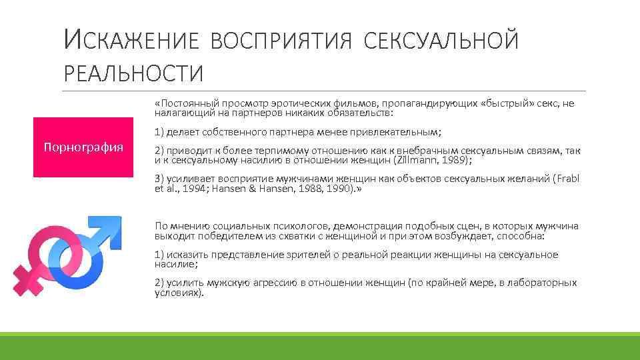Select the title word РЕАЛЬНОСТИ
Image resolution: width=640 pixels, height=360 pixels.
click(x=133, y=73)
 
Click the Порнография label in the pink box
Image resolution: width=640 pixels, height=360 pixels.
click(x=83, y=147)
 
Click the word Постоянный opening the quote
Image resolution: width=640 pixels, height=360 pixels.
click(x=185, y=104)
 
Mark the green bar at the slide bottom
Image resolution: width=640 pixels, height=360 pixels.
click(x=320, y=346)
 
